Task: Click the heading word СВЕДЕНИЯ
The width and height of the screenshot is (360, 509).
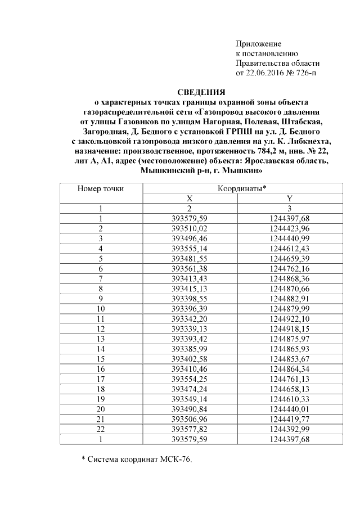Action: [x=201, y=92]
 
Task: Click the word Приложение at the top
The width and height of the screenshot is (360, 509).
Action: [x=258, y=44]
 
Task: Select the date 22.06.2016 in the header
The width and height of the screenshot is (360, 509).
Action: [x=266, y=73]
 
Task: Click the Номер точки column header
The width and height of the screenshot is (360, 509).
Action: [x=101, y=189]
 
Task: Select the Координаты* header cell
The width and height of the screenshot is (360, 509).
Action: [x=241, y=189]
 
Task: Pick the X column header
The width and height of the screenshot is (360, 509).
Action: [x=190, y=199]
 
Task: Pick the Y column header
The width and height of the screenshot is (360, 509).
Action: [x=290, y=199]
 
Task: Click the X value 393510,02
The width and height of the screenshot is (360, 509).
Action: [x=190, y=228]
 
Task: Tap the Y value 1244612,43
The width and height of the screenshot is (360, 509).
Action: [x=290, y=248]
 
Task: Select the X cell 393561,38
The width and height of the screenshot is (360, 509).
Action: [x=190, y=268]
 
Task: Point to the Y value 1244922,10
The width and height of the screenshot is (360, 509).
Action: [x=290, y=318]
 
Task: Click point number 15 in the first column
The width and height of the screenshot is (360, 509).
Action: [x=101, y=358]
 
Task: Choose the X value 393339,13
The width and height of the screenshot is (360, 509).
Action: [x=190, y=328]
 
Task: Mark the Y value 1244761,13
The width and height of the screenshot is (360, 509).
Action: [x=290, y=379]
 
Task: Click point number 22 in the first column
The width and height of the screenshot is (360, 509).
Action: [x=101, y=429]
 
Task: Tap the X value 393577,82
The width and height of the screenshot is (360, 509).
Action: [x=190, y=429]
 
